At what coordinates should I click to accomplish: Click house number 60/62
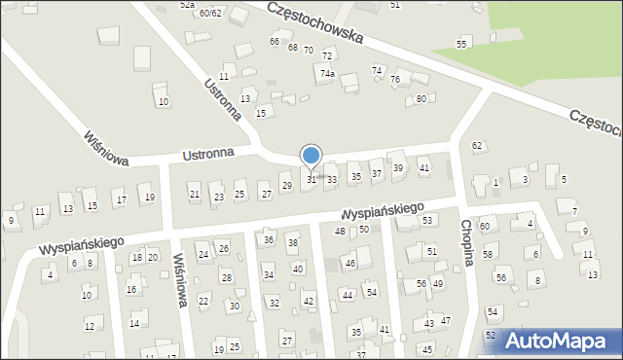tap(209, 13)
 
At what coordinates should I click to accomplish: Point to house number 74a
tap(328, 73)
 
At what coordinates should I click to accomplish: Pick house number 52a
tap(187, 5)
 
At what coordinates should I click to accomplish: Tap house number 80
tap(421, 99)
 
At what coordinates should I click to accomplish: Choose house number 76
tap(394, 80)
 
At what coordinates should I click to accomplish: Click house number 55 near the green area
tap(462, 45)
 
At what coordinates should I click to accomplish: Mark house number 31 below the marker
tap(312, 179)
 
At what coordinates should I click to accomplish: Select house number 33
tap(332, 180)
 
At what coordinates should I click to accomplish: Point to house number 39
tap(398, 168)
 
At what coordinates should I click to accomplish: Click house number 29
tap(286, 185)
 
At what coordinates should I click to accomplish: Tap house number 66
tap(275, 42)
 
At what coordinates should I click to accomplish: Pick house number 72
tap(327, 55)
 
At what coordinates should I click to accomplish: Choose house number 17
tap(121, 200)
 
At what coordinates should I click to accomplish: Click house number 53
tap(427, 221)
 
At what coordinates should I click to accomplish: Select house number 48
tap(340, 231)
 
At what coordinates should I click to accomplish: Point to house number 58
tap(488, 254)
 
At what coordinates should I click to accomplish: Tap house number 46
tap(350, 264)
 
